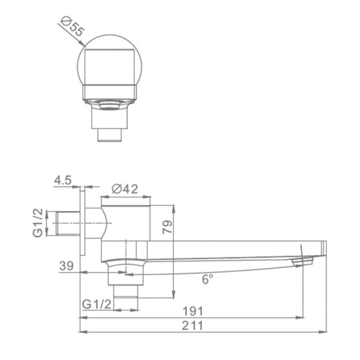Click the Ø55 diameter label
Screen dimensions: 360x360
point(73,26)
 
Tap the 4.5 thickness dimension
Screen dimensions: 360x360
point(63,180)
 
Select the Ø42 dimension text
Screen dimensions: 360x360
point(125,189)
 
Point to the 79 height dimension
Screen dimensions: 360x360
point(167,227)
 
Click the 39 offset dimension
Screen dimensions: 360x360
point(67,266)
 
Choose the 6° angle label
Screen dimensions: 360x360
point(208,279)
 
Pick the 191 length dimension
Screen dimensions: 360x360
point(193,311)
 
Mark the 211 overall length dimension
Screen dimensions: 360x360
point(193,326)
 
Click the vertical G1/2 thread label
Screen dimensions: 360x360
point(38,223)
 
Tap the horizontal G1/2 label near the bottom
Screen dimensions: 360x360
point(97,304)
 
